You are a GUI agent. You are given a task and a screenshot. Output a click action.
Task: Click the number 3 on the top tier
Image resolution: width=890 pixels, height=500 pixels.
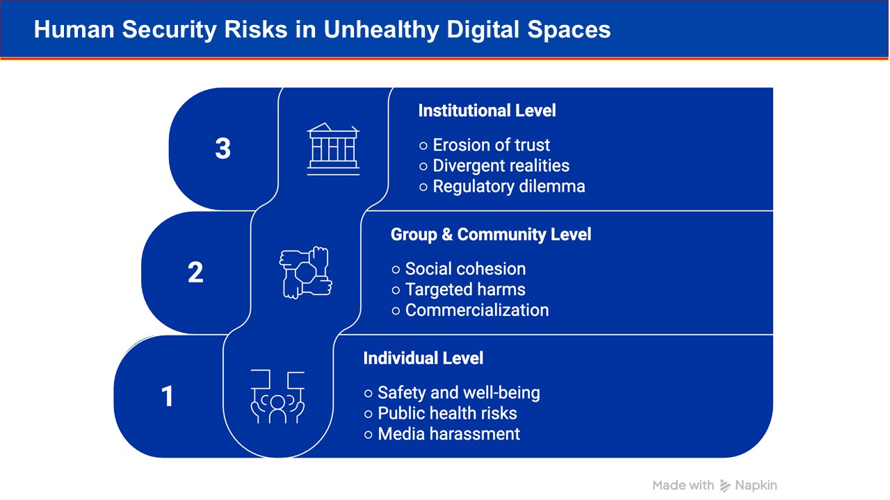pos(223,149)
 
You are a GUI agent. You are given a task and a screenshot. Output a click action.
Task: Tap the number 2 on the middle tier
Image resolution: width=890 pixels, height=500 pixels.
pos(195,273)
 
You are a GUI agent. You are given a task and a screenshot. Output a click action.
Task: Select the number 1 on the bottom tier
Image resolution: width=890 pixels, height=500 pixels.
pos(168,396)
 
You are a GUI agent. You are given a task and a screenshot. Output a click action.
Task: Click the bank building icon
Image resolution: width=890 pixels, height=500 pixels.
pos(333,149)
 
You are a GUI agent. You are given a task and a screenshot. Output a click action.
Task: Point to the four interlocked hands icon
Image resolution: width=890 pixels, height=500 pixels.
pos(305,273)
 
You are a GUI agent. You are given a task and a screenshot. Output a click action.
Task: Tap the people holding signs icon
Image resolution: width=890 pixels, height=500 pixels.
pos(277,397)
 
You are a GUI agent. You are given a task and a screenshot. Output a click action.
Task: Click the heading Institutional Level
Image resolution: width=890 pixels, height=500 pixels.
pos(487,110)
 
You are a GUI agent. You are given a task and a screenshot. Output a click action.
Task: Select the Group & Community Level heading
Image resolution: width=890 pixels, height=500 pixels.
pos(491,235)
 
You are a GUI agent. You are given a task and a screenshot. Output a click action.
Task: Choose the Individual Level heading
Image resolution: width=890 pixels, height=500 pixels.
pos(423,358)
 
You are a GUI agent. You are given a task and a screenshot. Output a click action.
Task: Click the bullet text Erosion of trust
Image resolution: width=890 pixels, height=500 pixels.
pos(491,145)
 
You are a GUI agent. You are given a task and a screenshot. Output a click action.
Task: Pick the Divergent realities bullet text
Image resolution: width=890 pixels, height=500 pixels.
pos(501,166)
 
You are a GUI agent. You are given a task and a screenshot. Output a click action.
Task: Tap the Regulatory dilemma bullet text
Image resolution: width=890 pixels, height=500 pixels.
pos(509,187)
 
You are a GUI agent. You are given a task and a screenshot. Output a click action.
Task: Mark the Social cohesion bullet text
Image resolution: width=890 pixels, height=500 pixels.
pos(465,269)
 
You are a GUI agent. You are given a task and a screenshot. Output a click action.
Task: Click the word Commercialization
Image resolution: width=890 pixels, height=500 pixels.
pos(477,310)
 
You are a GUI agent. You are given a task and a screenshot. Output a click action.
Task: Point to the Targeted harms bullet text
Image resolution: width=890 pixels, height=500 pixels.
pos(465,290)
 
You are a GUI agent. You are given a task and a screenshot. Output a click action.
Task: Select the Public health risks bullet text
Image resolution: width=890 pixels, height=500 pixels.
pos(447,413)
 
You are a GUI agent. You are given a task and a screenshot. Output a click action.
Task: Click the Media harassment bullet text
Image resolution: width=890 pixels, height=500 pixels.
pos(449,434)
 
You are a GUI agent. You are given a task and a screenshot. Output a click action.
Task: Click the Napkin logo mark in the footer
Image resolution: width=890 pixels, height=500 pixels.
pos(725,485)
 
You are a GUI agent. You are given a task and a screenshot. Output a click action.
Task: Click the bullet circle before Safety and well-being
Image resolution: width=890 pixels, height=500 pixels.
pos(369,394)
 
